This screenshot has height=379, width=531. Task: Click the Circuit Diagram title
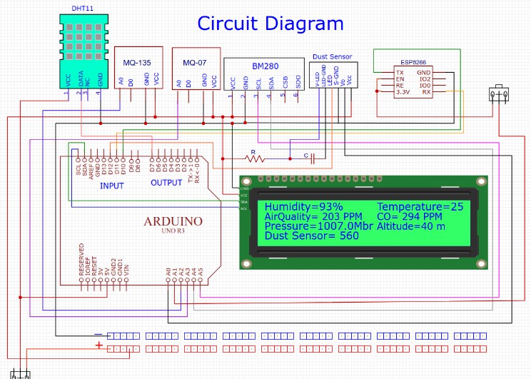270,24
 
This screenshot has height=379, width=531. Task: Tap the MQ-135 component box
138,69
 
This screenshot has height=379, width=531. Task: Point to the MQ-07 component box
196,69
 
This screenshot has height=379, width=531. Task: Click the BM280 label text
265,66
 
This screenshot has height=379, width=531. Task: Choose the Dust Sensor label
333,56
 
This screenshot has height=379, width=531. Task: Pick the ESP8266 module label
414,62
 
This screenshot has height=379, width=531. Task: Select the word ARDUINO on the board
173,221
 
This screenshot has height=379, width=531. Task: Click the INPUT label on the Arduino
111,186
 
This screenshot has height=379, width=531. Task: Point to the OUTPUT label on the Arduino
166,183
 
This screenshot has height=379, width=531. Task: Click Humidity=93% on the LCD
294,206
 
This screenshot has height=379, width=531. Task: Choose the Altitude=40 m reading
411,226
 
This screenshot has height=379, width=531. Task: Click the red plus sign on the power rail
98,346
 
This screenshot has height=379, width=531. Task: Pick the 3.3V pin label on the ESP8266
403,92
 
